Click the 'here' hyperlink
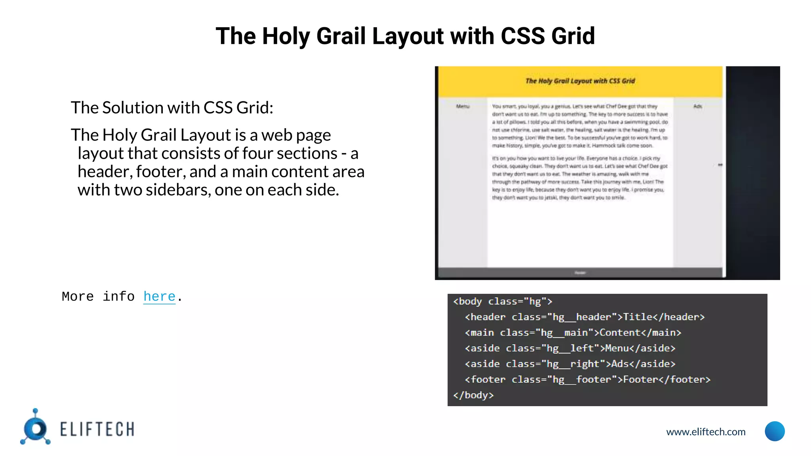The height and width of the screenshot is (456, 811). pyautogui.click(x=159, y=296)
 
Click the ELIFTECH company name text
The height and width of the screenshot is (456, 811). pyautogui.click(x=97, y=429)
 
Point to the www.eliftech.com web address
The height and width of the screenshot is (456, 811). pyautogui.click(x=706, y=432)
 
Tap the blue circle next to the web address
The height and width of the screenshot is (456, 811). pyautogui.click(x=775, y=431)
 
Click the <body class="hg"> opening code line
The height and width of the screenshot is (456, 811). pyautogui.click(x=503, y=302)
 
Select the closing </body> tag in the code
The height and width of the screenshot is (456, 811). pyautogui.click(x=474, y=395)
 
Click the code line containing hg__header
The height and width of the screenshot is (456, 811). pyautogui.click(x=584, y=317)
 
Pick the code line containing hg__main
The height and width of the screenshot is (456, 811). pyautogui.click(x=573, y=332)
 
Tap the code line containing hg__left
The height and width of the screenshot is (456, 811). pyautogui.click(x=570, y=348)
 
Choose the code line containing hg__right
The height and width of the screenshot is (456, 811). pyautogui.click(x=570, y=364)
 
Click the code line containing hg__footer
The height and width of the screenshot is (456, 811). pyautogui.click(x=587, y=380)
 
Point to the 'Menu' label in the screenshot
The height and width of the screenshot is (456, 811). pyautogui.click(x=463, y=106)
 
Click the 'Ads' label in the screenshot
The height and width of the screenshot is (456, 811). pyautogui.click(x=698, y=106)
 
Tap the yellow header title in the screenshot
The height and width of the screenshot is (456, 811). pyautogui.click(x=580, y=81)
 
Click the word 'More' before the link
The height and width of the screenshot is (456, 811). pyautogui.click(x=78, y=296)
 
